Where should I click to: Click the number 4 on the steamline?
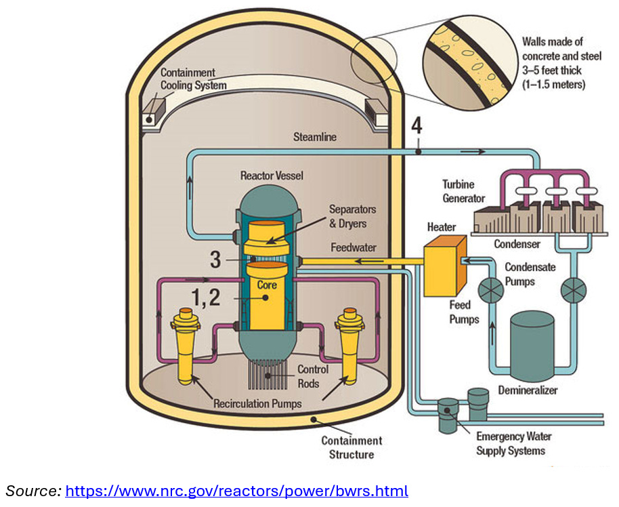pos(418,127)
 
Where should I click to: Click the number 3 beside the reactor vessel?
pos(215,260)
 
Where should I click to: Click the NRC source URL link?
pos(236,490)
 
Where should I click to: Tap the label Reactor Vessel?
pos(272,176)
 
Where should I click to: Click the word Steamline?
pos(314,137)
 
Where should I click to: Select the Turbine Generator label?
pos(463,191)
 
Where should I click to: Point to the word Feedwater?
pos(354,247)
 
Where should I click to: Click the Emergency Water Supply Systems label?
pos(510,443)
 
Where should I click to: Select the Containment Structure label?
pos(351,447)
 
